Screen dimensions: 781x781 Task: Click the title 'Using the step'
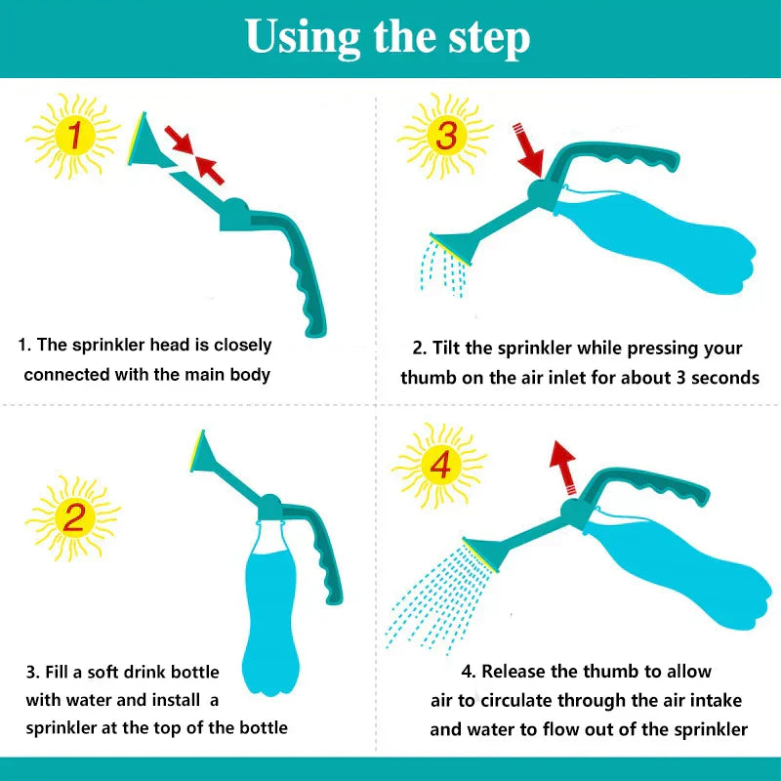388,37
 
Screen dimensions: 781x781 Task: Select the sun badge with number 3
445,136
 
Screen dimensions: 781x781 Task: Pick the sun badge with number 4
439,467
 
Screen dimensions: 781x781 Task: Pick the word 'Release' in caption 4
518,672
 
